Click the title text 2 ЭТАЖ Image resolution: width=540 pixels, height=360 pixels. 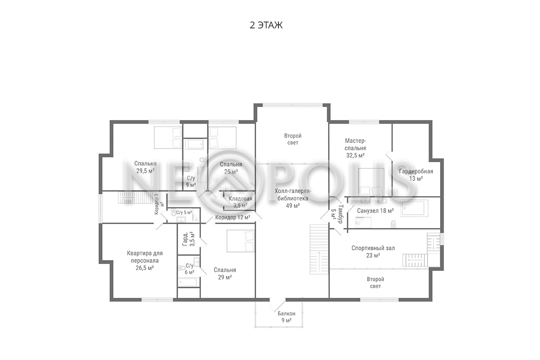tap(266, 25)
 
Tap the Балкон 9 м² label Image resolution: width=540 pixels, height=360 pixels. tap(286, 317)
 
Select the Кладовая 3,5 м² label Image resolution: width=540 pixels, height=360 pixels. tap(240, 202)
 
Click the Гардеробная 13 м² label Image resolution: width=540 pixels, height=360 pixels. tap(416, 175)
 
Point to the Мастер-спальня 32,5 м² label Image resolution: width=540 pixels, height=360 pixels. tap(355, 148)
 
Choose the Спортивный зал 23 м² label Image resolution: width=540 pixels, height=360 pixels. tap(373, 252)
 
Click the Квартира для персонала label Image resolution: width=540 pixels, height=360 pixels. tap(144, 257)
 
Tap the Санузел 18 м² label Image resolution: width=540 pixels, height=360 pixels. tap(375, 211)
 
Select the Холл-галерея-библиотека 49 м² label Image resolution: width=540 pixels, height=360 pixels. tap(293, 198)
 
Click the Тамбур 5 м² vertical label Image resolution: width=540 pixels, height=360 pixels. tap(337, 214)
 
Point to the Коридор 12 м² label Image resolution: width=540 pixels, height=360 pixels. tap(232, 217)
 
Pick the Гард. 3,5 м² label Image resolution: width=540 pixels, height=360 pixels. tap(189, 239)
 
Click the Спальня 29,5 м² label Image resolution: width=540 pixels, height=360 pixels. tap(145, 167)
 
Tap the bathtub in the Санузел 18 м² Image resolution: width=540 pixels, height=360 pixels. tap(414, 208)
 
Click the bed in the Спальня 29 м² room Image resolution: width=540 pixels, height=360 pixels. tap(241, 241)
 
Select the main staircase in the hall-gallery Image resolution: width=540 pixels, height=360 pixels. tap(319, 249)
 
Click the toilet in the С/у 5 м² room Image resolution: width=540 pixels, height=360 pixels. tap(173, 212)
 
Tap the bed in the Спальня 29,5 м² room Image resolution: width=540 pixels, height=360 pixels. tap(168, 137)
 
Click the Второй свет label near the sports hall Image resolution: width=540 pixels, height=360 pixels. tap(375, 283)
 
